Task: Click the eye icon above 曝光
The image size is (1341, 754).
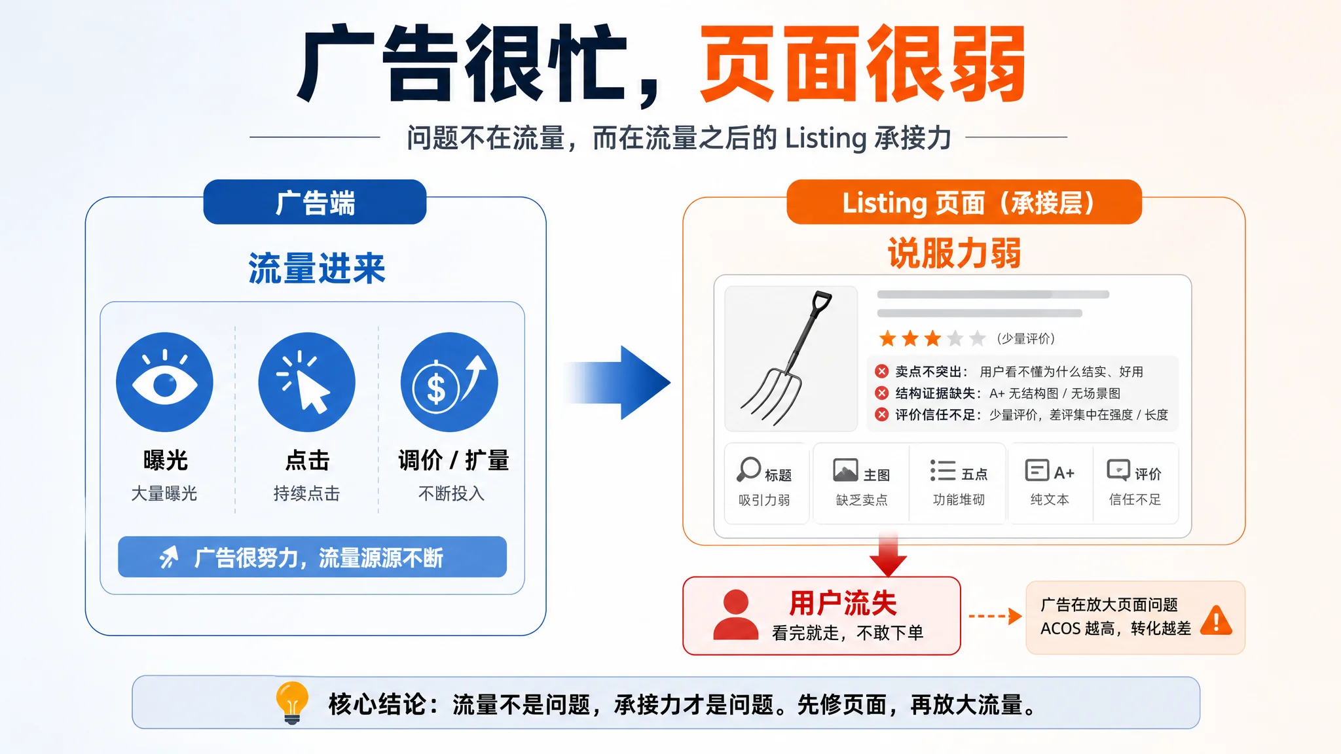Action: tap(164, 382)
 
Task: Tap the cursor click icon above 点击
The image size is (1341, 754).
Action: tap(306, 382)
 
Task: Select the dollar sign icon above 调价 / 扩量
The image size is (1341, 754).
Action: tap(449, 382)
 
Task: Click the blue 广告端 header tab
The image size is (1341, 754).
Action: tap(315, 202)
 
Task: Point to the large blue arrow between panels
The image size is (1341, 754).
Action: tap(617, 383)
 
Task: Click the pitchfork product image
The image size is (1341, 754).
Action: tap(791, 359)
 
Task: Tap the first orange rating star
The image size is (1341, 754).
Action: tap(888, 338)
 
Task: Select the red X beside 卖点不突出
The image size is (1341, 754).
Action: tap(882, 372)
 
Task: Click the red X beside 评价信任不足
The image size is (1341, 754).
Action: tap(882, 414)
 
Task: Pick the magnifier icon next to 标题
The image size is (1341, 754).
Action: tap(749, 469)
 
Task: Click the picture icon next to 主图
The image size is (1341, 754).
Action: tap(845, 470)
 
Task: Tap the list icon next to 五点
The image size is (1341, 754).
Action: tap(943, 471)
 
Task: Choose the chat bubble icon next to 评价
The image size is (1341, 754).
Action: tap(1118, 470)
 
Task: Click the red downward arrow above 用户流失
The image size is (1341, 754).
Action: tap(888, 555)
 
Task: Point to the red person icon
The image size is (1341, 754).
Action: tap(735, 615)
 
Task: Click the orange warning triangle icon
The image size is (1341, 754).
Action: tap(1217, 620)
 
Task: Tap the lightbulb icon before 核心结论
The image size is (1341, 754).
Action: tap(292, 702)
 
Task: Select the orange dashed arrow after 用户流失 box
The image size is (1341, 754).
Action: tap(995, 616)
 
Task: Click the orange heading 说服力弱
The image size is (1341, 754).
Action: tap(954, 253)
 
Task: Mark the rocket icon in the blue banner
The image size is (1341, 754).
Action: tap(169, 557)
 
